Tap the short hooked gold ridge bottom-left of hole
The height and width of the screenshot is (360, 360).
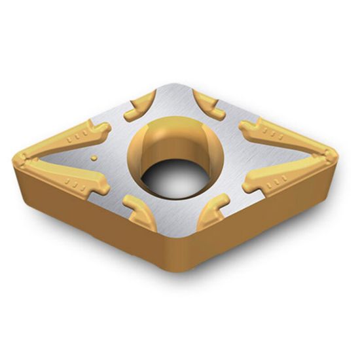(x=138, y=209)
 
